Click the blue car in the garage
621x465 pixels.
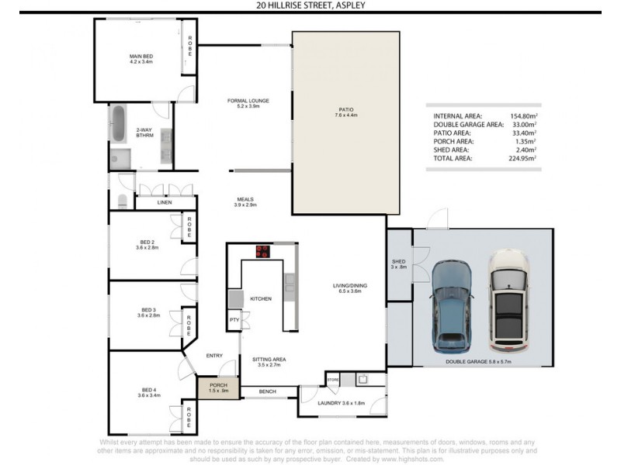coord(451,305)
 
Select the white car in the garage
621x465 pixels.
coord(509,301)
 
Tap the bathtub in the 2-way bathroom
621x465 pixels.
coord(118,124)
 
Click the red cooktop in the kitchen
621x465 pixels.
coord(263,251)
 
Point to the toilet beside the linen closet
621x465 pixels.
coord(123,201)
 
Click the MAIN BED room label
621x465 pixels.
coord(141,56)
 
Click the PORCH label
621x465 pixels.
coord(213,385)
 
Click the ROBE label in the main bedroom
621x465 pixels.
coord(189,46)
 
